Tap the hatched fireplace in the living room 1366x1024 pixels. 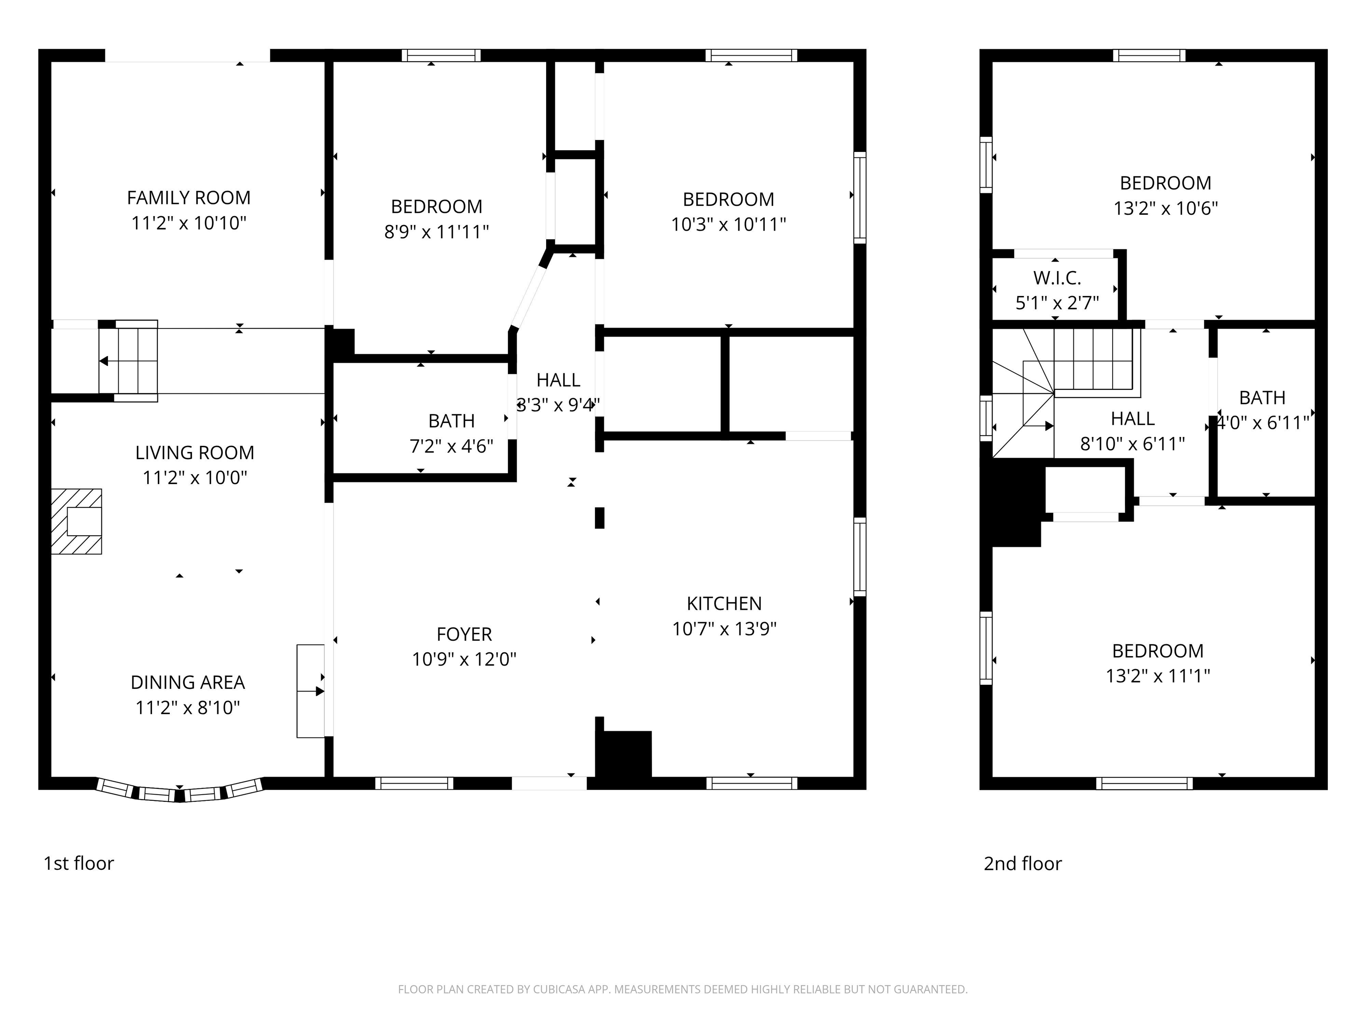76,522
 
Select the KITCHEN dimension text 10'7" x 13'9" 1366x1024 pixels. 724,628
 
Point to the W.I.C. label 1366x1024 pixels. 1057,278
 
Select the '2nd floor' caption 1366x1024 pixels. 1023,863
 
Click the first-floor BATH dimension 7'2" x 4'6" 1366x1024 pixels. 451,446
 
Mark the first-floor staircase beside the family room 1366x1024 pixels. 129,361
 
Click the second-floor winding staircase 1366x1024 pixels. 1066,393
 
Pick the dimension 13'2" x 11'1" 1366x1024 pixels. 1158,676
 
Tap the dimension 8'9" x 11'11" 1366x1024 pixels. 437,232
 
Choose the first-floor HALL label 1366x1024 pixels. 558,380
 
